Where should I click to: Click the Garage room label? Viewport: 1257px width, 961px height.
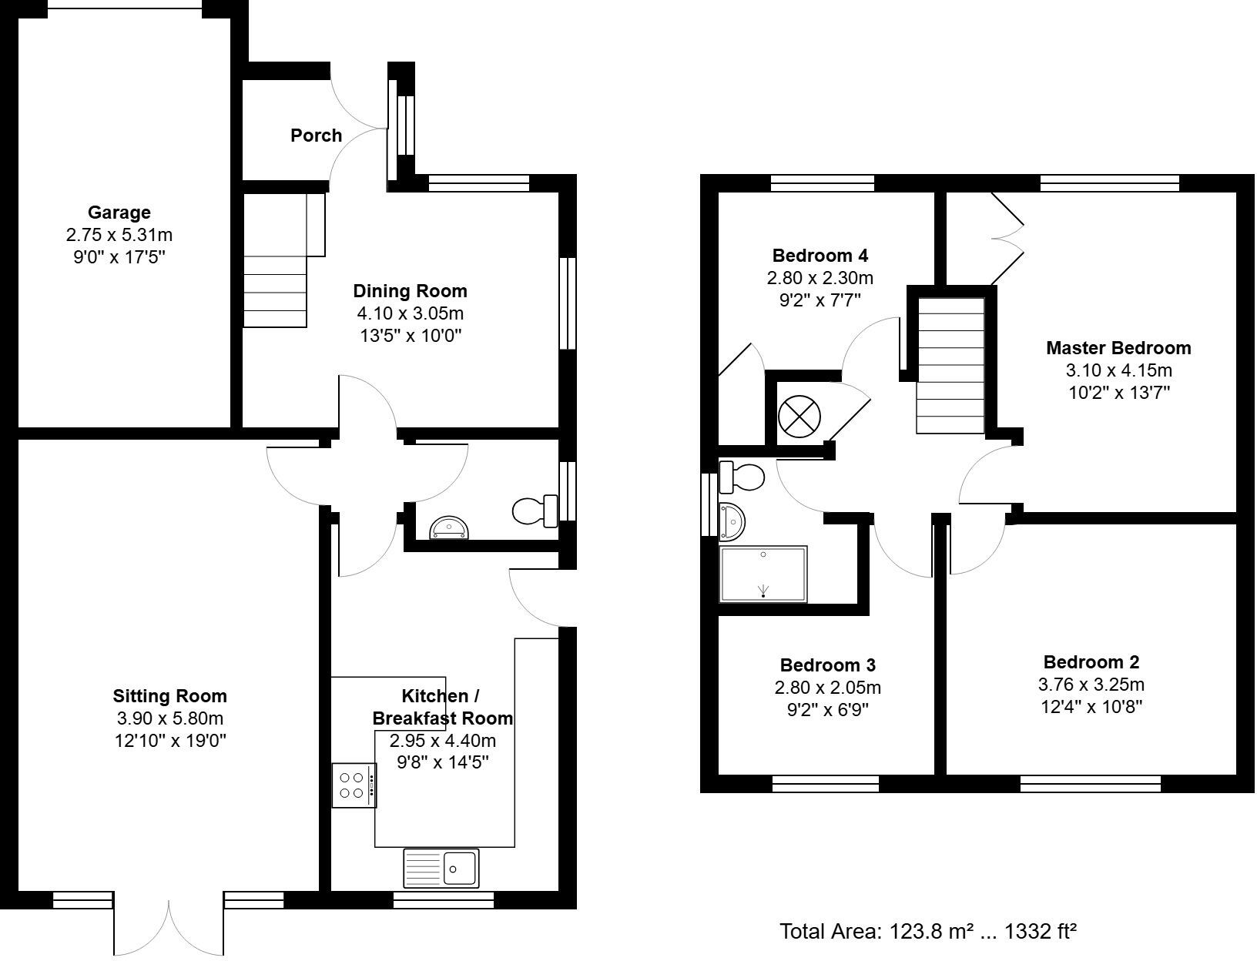[119, 213]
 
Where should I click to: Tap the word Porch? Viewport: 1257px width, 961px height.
[316, 136]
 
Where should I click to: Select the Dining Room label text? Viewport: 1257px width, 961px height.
[410, 291]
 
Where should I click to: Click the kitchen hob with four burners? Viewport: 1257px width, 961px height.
[354, 785]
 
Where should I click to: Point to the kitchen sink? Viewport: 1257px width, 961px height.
[441, 868]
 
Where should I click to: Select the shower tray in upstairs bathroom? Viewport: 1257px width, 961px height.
[763, 574]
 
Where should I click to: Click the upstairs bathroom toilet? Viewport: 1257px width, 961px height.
[740, 477]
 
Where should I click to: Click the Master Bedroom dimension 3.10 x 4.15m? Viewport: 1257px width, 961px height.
[1118, 370]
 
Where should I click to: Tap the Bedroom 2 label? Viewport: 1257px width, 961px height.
[1091, 662]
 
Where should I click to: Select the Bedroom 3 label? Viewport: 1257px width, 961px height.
[827, 665]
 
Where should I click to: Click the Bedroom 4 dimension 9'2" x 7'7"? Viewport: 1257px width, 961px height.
[820, 300]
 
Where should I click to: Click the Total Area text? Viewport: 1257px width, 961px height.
[927, 932]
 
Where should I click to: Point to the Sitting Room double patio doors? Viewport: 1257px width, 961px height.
[169, 928]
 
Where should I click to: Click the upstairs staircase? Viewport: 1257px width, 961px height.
[950, 366]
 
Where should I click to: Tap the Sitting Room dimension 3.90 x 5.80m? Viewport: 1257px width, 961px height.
[169, 718]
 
